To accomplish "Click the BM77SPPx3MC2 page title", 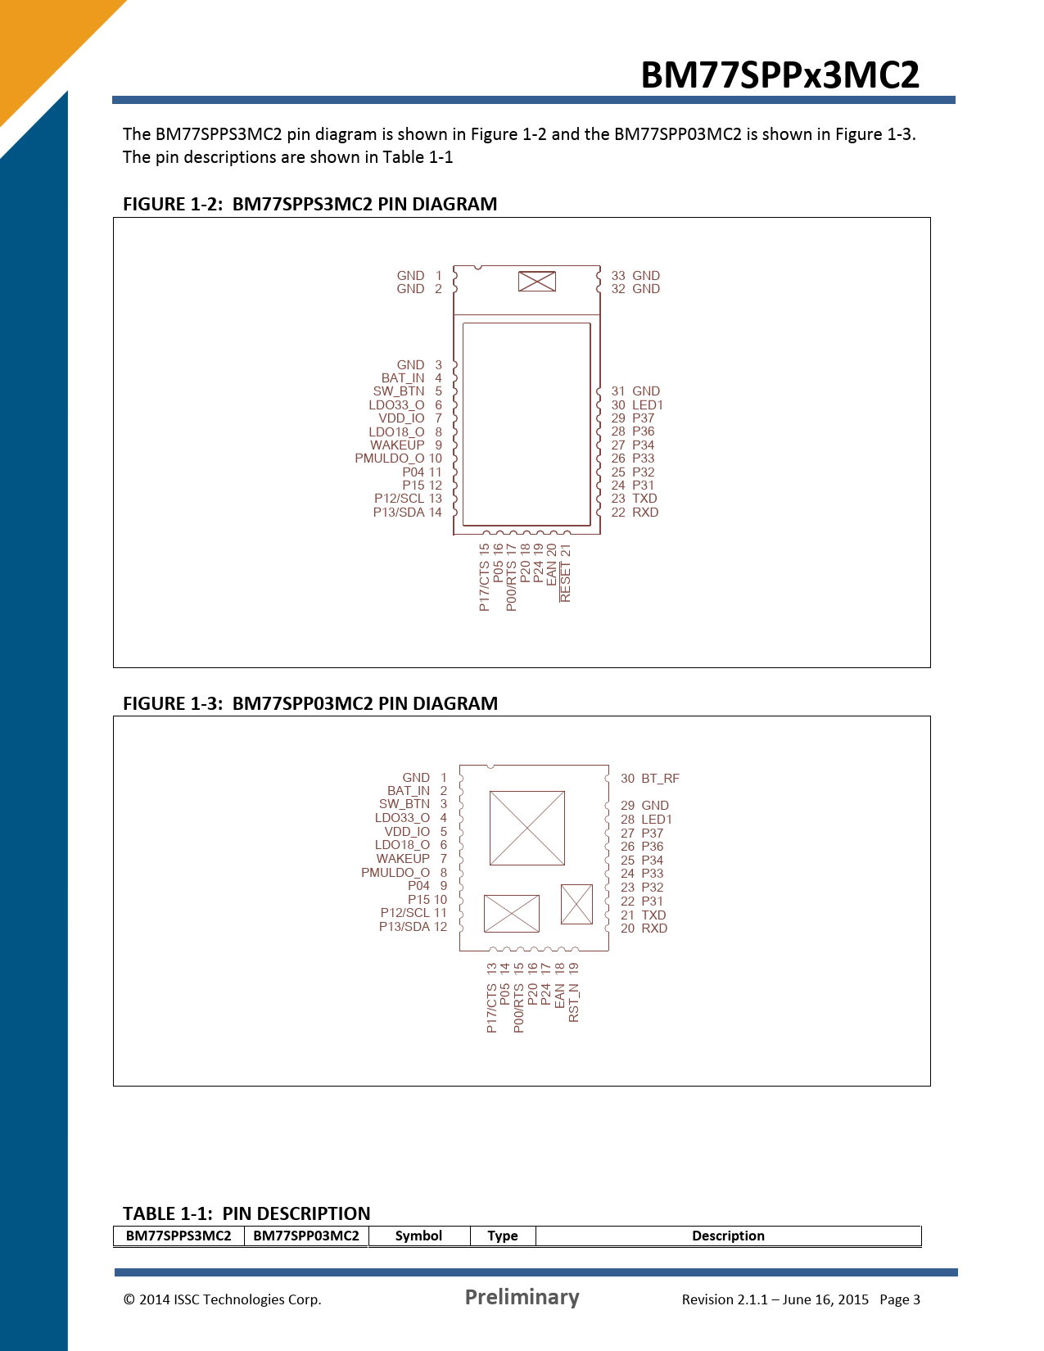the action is [780, 75].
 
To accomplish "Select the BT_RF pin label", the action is [660, 779].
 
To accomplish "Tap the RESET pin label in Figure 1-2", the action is [565, 582].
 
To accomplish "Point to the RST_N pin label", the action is [573, 1003].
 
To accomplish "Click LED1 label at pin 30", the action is [648, 404].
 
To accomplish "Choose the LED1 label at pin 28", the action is [657, 820].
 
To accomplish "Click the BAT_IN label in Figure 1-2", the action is [403, 378].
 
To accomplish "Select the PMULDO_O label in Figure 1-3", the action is [395, 872].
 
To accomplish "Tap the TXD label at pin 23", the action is [644, 499].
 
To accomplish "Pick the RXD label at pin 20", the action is [654, 929].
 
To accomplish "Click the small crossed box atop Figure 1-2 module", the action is [536, 281].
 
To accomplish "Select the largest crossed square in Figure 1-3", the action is [527, 828].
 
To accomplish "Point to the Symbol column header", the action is [418, 1236].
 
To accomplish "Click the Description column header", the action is [728, 1236].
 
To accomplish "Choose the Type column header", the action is [503, 1236].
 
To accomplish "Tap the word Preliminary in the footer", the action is [522, 1297].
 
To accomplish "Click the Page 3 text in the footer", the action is [900, 1299].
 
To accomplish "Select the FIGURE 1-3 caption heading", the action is [310, 703].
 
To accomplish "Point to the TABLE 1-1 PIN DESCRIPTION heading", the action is [246, 1213].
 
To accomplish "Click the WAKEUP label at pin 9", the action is [397, 445].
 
